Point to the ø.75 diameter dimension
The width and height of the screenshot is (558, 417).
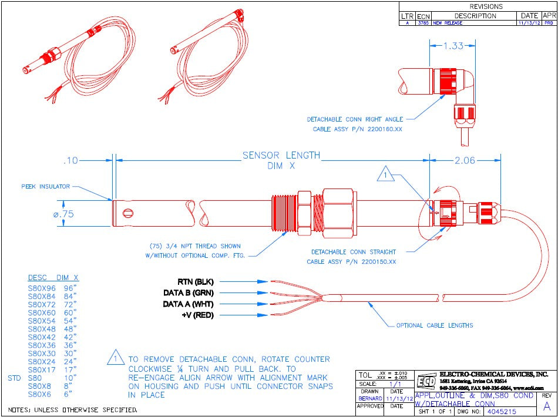tap(63, 214)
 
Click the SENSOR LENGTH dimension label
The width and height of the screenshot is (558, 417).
tap(281, 156)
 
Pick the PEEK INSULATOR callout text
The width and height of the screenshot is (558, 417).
tap(46, 187)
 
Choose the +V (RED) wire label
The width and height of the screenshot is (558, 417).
tap(197, 315)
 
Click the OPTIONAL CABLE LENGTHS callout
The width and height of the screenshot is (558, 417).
tap(434, 325)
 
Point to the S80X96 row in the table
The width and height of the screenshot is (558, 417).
tap(42, 288)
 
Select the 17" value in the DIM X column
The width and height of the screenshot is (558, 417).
tap(70, 370)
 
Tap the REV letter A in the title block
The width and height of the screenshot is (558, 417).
tap(546, 406)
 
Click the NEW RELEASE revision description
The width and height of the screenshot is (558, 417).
tap(448, 23)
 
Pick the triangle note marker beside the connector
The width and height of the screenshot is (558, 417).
tap(385, 175)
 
